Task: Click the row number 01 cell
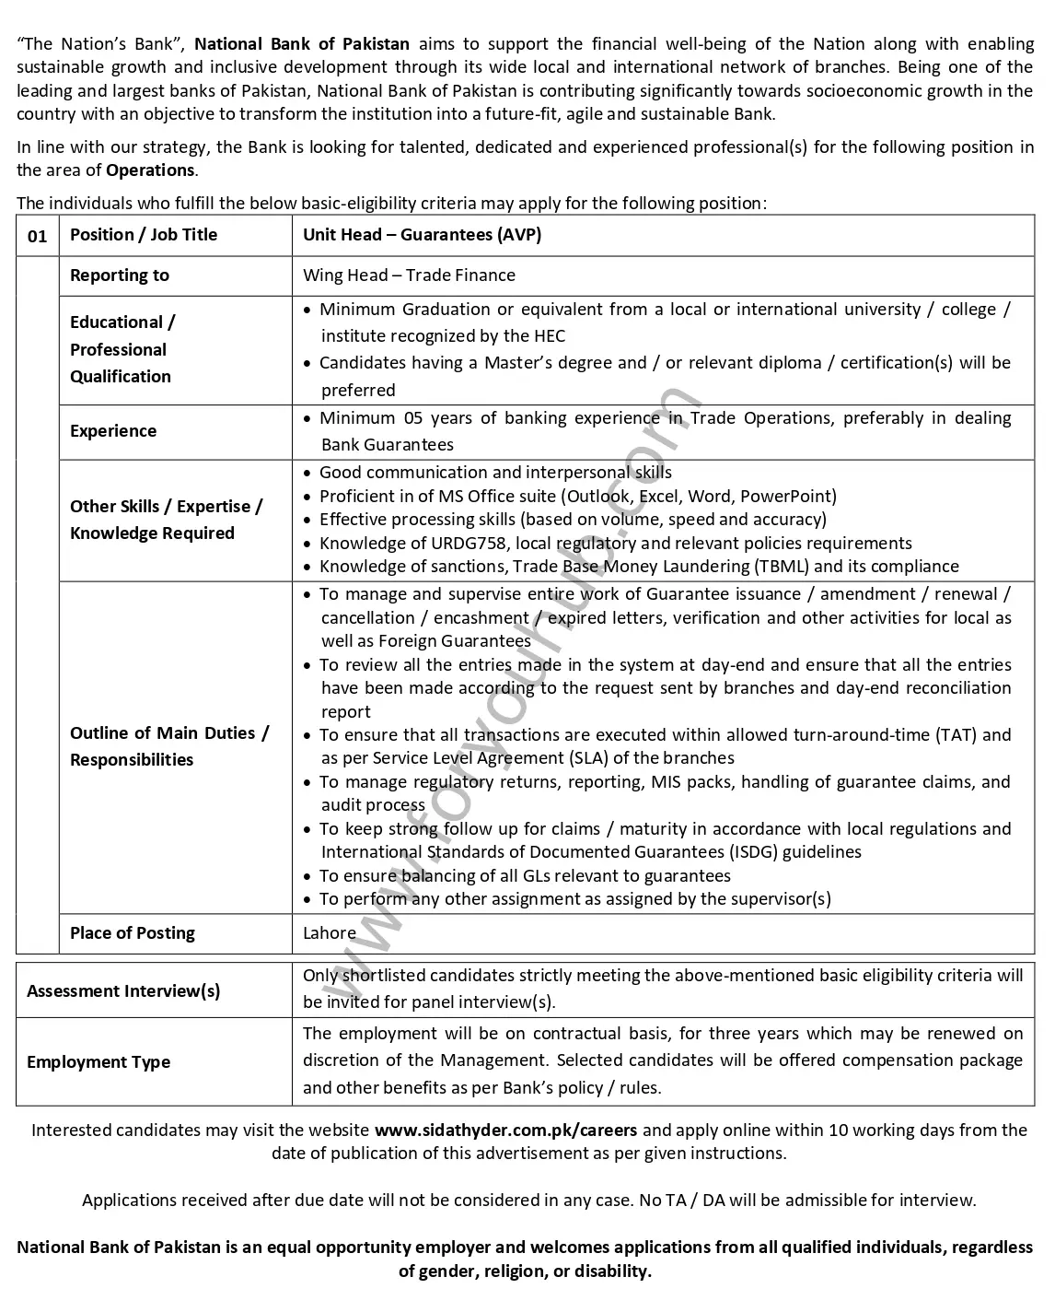point(37,236)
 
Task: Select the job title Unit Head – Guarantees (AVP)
point(422,235)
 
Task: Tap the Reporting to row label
point(120,275)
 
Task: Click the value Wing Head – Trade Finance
point(409,275)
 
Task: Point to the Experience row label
point(113,431)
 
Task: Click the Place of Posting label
point(133,933)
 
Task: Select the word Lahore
point(329,933)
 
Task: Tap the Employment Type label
point(99,1062)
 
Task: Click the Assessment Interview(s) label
point(123,991)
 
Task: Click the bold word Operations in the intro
point(150,170)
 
